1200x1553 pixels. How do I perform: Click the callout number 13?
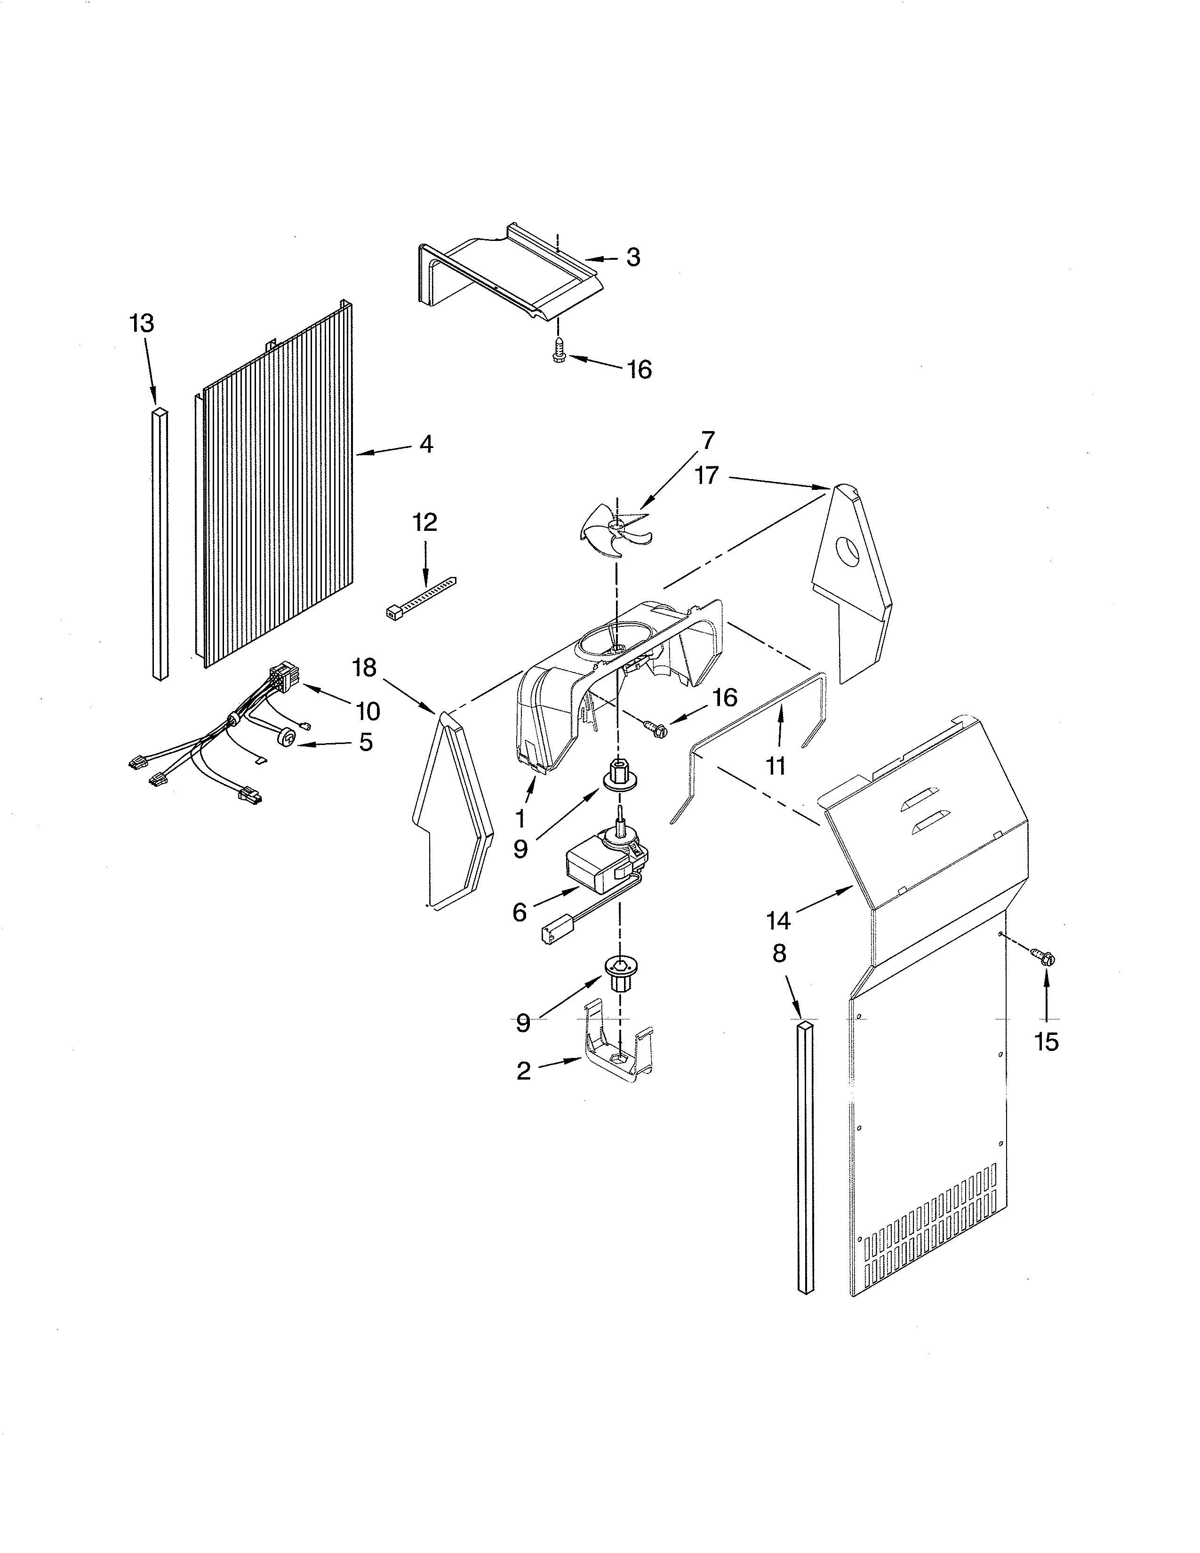point(142,324)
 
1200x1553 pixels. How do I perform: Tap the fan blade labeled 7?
point(616,528)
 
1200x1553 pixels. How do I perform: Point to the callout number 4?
point(425,444)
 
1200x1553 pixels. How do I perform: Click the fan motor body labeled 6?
point(596,870)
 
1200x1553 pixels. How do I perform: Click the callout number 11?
point(775,765)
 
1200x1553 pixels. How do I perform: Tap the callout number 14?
point(778,921)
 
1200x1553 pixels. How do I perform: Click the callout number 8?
point(779,953)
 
